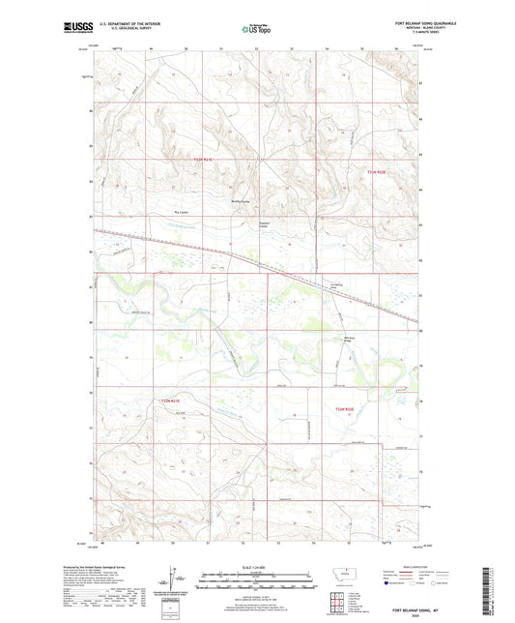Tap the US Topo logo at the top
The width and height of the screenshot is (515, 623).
coord(257,29)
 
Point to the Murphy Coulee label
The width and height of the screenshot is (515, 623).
coord(240,201)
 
